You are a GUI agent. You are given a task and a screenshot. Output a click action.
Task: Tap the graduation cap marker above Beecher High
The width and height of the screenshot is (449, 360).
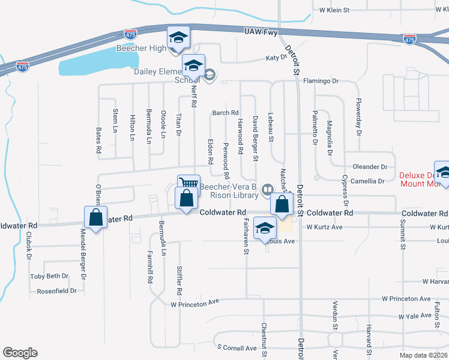178,38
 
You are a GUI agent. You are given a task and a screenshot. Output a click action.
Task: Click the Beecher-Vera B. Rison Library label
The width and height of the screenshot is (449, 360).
230,190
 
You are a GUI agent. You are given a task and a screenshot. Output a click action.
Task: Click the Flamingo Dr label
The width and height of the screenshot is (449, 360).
321,81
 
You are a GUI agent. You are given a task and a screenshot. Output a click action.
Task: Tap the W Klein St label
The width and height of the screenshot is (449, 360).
334,10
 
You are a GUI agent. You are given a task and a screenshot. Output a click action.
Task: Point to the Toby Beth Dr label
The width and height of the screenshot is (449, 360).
49,277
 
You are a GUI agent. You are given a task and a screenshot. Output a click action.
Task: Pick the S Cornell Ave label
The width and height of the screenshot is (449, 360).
237,347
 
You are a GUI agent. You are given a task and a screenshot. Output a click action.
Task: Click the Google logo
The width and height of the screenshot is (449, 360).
20,353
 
